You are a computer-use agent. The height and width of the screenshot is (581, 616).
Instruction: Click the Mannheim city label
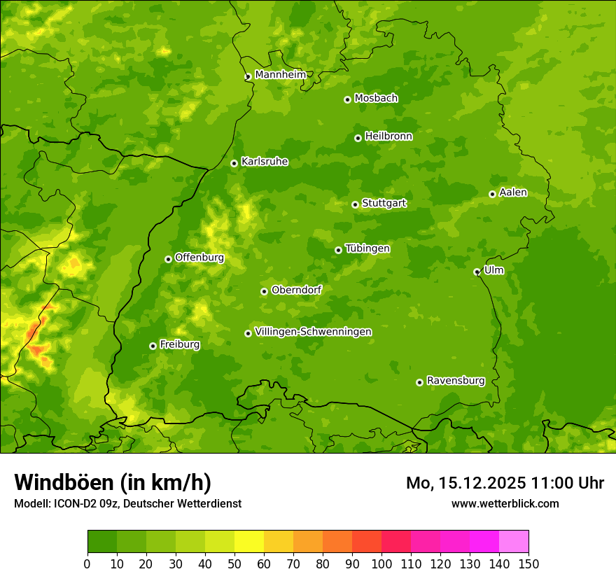pos(280,75)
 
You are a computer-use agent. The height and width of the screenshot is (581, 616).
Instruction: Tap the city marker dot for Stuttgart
pos(355,204)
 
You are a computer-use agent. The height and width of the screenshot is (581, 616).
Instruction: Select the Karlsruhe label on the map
pos(264,162)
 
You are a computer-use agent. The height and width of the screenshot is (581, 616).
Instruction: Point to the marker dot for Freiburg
pos(153,346)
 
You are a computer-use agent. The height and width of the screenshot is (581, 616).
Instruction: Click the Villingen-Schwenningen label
pos(313,332)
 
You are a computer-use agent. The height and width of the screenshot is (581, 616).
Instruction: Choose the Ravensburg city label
pos(455,381)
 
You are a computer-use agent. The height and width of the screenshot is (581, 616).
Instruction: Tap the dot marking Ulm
pos(477,272)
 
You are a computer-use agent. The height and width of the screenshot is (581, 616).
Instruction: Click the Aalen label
pos(512,192)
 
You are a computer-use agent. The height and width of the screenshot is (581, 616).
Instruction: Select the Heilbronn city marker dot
pos(358,138)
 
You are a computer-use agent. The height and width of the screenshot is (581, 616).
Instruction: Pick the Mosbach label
pos(375,99)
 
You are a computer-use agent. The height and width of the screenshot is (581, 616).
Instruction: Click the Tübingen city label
pos(367,248)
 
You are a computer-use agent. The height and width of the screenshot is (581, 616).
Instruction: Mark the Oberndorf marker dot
pos(264,291)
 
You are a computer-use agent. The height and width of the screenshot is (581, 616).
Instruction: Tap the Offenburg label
pos(199,258)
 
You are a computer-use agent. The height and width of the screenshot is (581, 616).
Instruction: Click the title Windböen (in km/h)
pos(113,482)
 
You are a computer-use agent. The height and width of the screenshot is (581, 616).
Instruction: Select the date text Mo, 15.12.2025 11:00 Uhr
pos(505,483)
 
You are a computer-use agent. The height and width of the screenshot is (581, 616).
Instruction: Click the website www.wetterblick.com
pos(505,503)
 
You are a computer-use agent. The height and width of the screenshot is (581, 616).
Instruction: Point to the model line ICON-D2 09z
pos(127,503)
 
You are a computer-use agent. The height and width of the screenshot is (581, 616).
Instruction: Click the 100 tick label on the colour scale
pos(381,563)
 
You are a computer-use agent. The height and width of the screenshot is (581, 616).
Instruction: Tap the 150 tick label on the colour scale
pos(528,563)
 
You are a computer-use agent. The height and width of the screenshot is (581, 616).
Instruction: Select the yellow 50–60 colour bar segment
pos(249,542)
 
